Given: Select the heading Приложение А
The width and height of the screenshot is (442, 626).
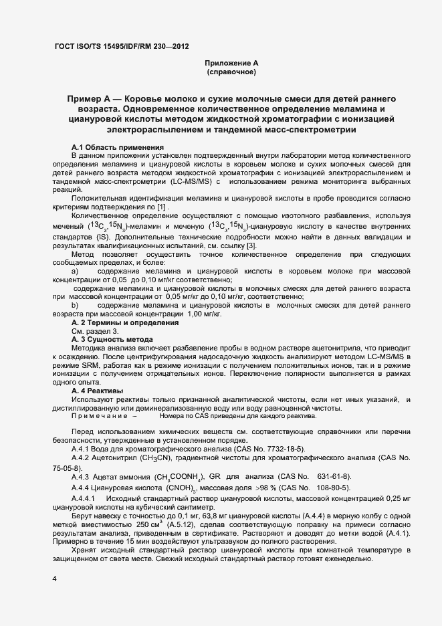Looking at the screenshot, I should point(231,63).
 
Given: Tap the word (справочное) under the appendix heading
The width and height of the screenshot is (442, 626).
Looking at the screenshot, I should point(231,72).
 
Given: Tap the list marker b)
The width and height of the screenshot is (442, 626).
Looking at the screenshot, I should point(75,305).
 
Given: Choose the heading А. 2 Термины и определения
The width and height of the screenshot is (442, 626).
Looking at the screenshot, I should point(125,322).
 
